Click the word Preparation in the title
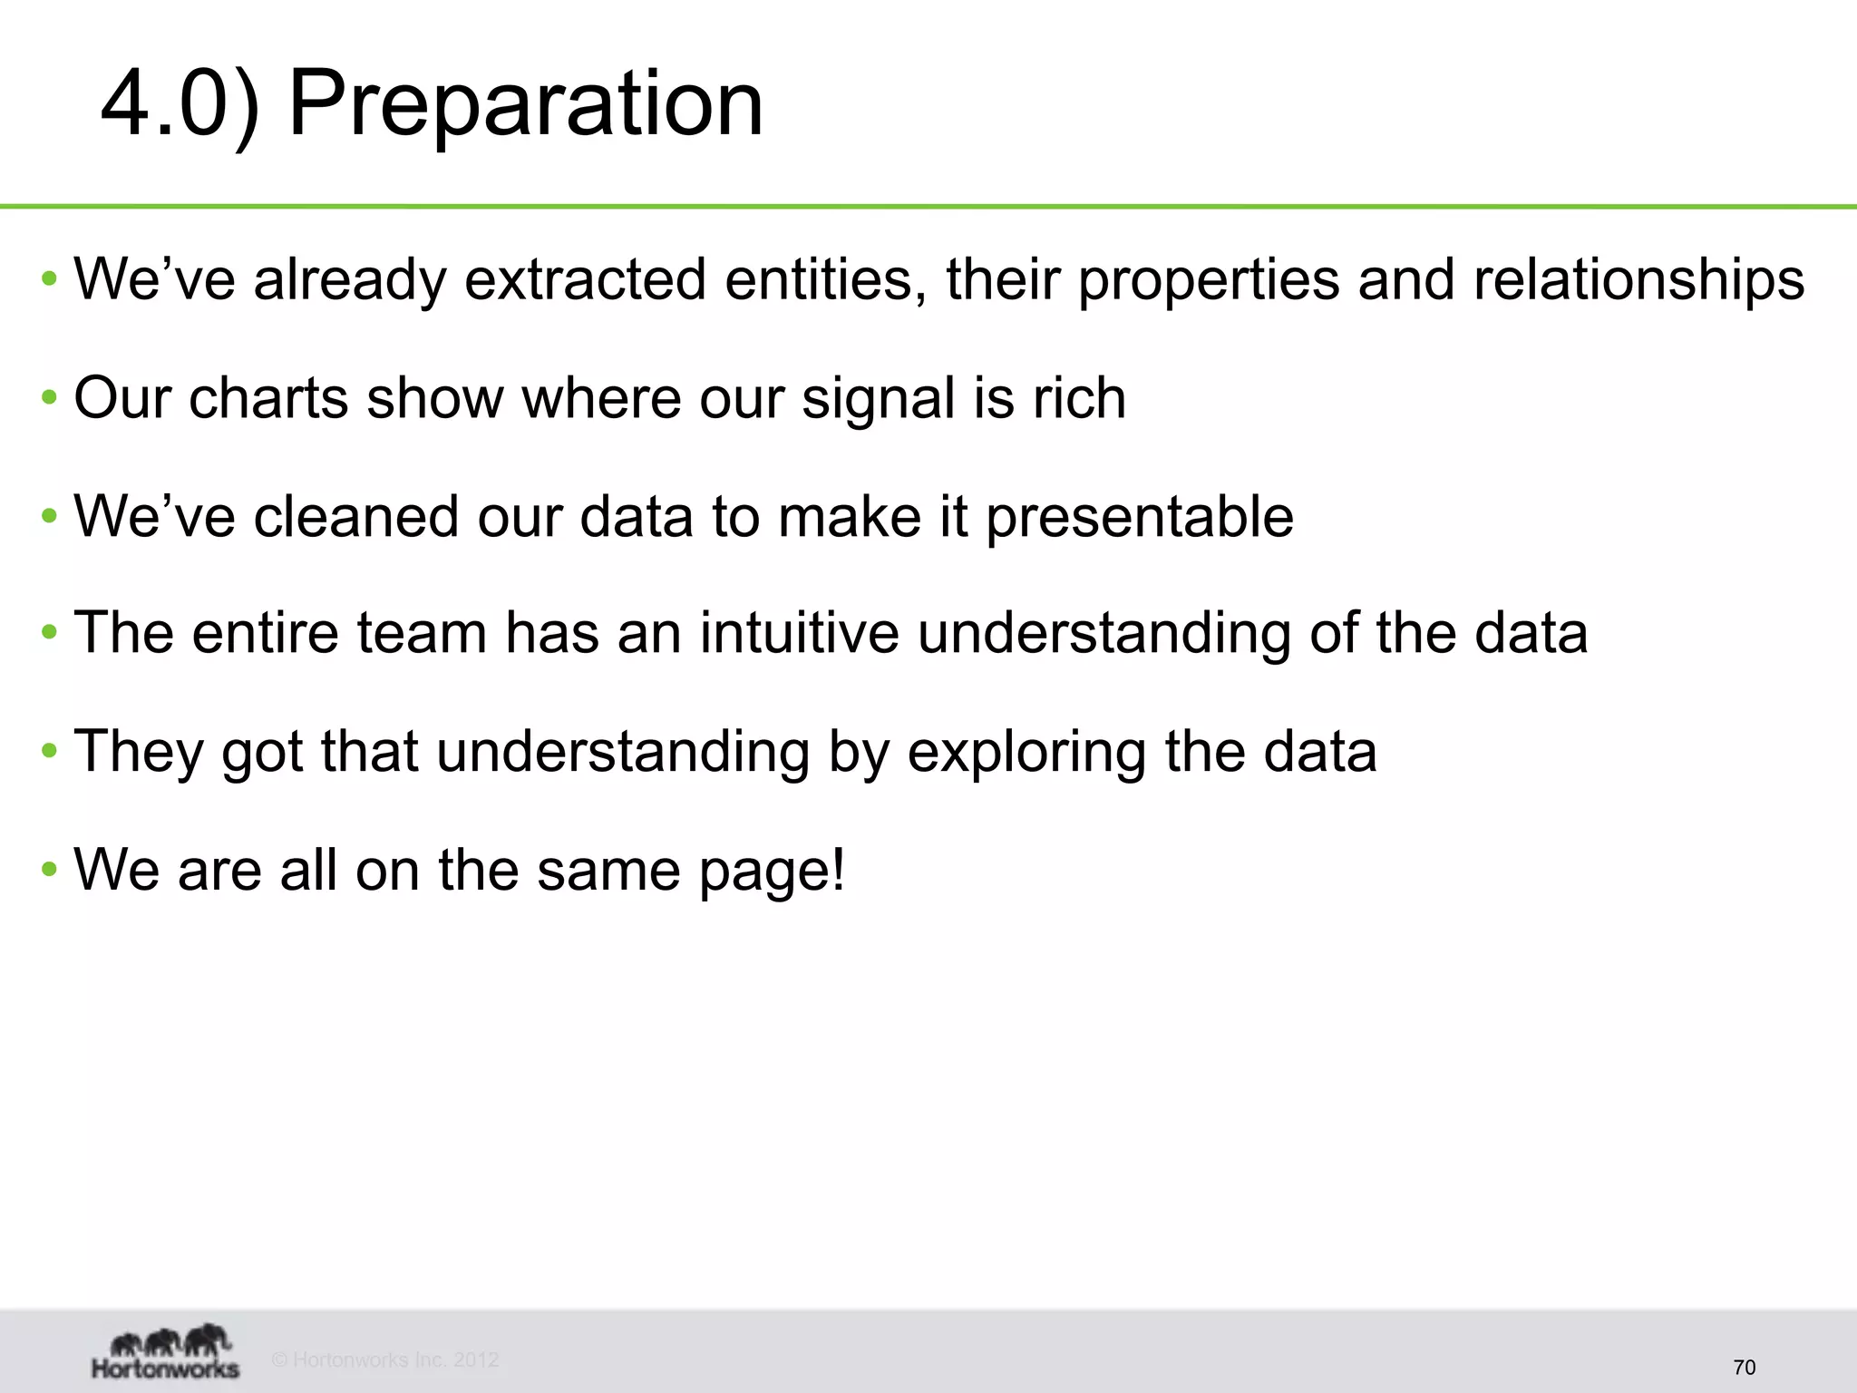click(525, 104)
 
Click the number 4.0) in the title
click(180, 104)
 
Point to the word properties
click(1208, 280)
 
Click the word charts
click(268, 398)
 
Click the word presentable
click(1139, 518)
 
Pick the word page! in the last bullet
click(772, 872)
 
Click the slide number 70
click(1744, 1368)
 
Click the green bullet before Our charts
click(50, 398)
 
